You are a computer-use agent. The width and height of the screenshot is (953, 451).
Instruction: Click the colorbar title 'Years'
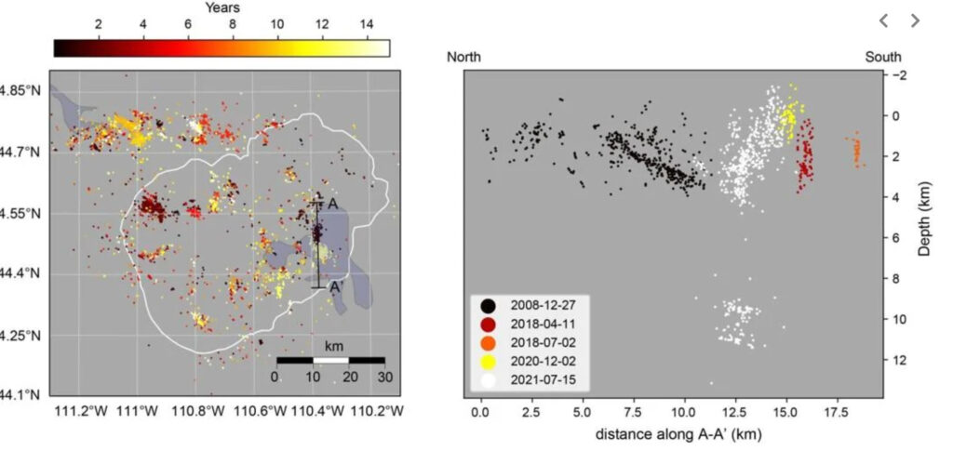click(x=221, y=8)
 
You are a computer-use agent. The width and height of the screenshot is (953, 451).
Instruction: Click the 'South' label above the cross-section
click(x=881, y=57)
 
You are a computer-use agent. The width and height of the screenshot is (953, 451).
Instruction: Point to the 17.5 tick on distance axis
click(x=836, y=410)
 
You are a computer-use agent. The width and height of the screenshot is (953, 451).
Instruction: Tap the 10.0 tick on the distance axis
click(x=684, y=410)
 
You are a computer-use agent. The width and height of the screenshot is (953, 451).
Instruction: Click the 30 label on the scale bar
click(x=383, y=377)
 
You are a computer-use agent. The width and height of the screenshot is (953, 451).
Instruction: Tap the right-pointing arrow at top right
click(x=914, y=20)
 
